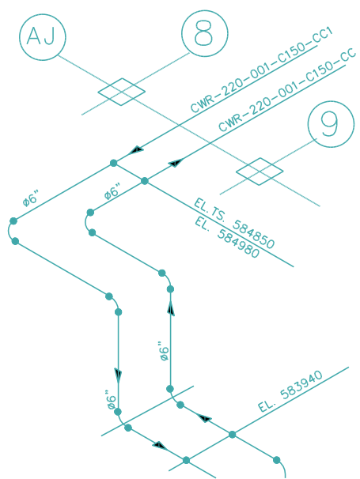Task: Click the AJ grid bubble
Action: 43,37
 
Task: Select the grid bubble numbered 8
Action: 205,33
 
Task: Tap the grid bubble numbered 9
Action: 331,124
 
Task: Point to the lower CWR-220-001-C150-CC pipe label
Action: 287,90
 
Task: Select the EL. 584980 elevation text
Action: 227,237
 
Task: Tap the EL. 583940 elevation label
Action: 290,391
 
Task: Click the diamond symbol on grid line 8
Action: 121,92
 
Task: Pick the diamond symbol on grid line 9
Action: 260,172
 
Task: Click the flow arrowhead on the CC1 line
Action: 136,150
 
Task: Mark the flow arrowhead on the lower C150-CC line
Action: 176,163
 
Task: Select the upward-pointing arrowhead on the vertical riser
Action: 171,307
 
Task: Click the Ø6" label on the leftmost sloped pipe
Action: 31,198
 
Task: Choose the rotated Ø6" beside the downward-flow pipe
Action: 112,400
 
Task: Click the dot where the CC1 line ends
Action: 113,163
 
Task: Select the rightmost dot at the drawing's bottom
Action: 276,460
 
